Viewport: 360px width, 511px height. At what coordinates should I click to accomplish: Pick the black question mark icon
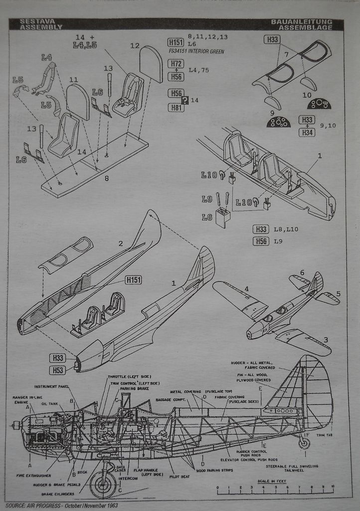click(185, 100)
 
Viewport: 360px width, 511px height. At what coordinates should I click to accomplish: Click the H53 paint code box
click(58, 370)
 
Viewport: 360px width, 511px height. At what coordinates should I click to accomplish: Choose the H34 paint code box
click(307, 132)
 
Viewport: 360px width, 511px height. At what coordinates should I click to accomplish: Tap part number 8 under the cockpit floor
click(106, 178)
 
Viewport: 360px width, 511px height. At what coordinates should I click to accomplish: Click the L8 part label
click(207, 217)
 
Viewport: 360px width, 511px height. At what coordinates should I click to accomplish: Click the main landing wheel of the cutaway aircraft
click(103, 484)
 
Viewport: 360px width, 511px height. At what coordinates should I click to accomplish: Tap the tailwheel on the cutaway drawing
click(304, 443)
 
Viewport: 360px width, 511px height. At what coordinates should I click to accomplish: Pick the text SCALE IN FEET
click(272, 481)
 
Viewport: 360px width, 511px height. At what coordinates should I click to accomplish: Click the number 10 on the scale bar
click(332, 486)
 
